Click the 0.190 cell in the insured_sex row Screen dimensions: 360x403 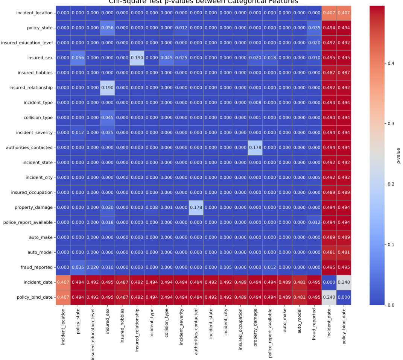point(137,58)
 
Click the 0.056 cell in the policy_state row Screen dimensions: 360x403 point(108,28)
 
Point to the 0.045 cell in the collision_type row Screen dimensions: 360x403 point(108,117)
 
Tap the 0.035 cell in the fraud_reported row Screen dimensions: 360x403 point(78,267)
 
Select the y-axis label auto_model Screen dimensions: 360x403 point(41,252)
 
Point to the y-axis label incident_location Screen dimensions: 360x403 point(34,13)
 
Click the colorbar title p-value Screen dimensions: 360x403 point(398,155)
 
